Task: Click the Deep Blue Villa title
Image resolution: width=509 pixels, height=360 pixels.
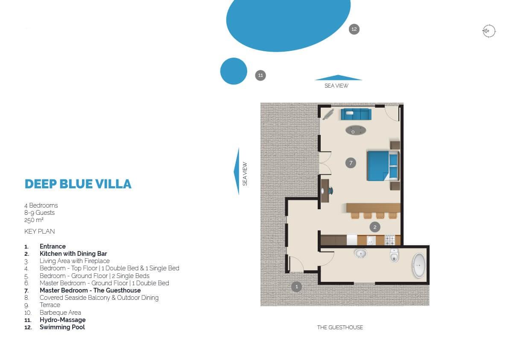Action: tap(78, 184)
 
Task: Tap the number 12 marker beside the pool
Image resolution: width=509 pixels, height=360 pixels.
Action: tap(354, 29)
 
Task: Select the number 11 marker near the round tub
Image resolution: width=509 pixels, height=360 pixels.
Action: tap(260, 76)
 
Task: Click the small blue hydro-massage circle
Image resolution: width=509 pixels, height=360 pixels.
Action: tap(234, 71)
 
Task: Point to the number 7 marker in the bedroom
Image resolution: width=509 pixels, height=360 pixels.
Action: tap(351, 163)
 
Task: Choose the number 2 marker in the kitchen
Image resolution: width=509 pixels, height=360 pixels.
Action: tap(375, 227)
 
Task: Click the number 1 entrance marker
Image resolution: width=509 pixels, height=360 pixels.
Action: tap(296, 287)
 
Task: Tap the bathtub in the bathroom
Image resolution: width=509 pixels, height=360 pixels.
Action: tap(419, 266)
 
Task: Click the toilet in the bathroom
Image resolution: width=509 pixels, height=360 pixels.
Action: tap(394, 255)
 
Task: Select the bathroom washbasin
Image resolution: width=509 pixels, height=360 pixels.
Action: tap(360, 254)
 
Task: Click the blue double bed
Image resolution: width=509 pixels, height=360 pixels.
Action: tap(383, 166)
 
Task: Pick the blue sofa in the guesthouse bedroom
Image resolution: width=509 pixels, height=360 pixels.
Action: tap(356, 114)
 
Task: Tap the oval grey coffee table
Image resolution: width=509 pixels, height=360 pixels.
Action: tap(356, 131)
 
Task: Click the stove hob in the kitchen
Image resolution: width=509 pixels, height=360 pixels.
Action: tap(390, 240)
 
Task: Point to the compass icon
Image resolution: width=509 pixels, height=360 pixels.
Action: tap(489, 31)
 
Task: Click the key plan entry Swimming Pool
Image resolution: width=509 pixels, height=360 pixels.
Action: tap(62, 327)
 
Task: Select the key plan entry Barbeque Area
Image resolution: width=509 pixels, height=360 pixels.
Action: tap(60, 313)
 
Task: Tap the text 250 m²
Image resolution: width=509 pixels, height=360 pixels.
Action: tap(34, 220)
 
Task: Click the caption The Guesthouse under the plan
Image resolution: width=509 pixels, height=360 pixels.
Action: tap(340, 328)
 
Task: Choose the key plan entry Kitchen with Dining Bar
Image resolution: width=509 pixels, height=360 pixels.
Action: tap(73, 254)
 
